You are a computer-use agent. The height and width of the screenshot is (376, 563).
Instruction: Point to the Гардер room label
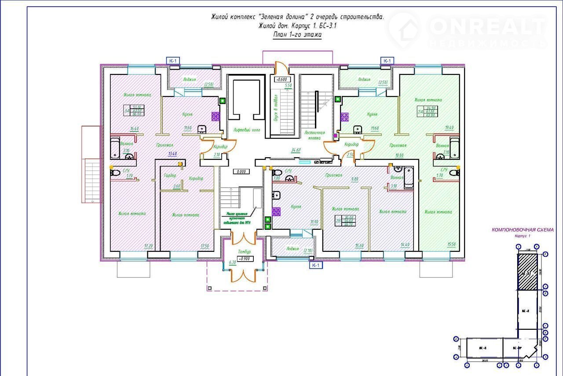[x=170, y=175]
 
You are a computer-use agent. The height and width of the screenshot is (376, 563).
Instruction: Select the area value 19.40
[x=449, y=128]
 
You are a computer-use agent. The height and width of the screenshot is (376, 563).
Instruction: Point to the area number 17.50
[x=204, y=246]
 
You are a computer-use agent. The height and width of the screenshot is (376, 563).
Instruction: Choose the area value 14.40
[x=404, y=245]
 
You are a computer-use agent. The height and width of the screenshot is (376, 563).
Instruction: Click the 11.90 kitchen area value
[x=314, y=222]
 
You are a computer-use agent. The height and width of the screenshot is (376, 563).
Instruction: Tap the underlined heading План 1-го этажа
[x=298, y=35]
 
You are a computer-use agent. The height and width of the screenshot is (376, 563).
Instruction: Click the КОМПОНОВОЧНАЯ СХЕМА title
[x=522, y=230]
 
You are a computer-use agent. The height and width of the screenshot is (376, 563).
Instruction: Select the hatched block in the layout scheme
[x=527, y=273]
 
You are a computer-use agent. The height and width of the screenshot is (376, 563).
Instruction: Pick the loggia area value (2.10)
[x=307, y=251]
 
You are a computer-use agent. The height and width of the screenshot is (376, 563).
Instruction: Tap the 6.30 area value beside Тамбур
[x=233, y=263]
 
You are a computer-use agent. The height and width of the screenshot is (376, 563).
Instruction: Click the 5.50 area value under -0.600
[x=289, y=85]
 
